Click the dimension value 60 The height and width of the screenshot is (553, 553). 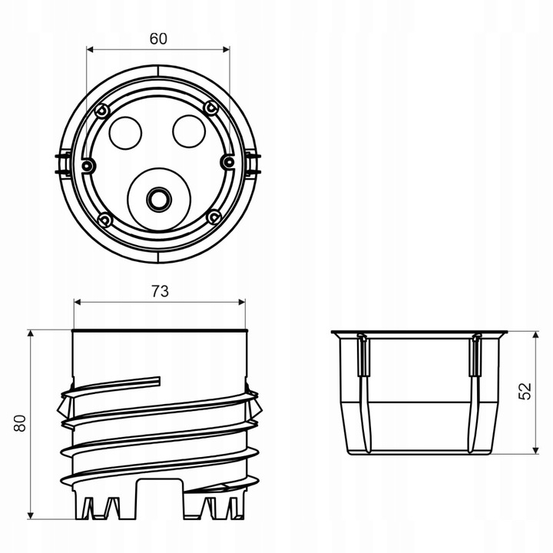pos(158,39)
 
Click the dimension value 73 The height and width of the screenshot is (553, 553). pos(160,291)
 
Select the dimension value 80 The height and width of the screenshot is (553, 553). pos(20,423)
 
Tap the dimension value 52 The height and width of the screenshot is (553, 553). pos(525,391)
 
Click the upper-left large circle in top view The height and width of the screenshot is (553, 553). pos(125,133)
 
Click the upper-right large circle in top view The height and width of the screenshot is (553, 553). pos(189,131)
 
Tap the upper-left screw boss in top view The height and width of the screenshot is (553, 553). pos(103,111)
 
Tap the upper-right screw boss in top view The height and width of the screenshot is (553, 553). pos(211,108)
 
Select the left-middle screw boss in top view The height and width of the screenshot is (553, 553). pos(87,165)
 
